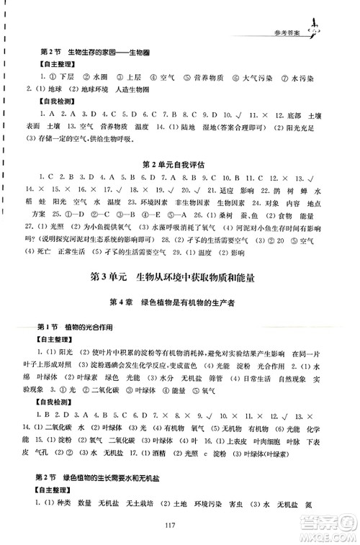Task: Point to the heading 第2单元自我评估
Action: coord(179,164)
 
